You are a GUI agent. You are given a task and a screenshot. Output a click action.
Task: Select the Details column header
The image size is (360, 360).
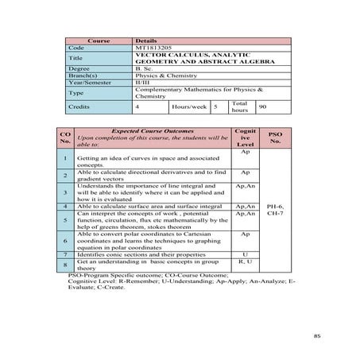146,40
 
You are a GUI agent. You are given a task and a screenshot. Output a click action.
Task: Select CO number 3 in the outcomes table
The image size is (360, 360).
64,192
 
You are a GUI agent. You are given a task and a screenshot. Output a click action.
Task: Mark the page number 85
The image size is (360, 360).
317,336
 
